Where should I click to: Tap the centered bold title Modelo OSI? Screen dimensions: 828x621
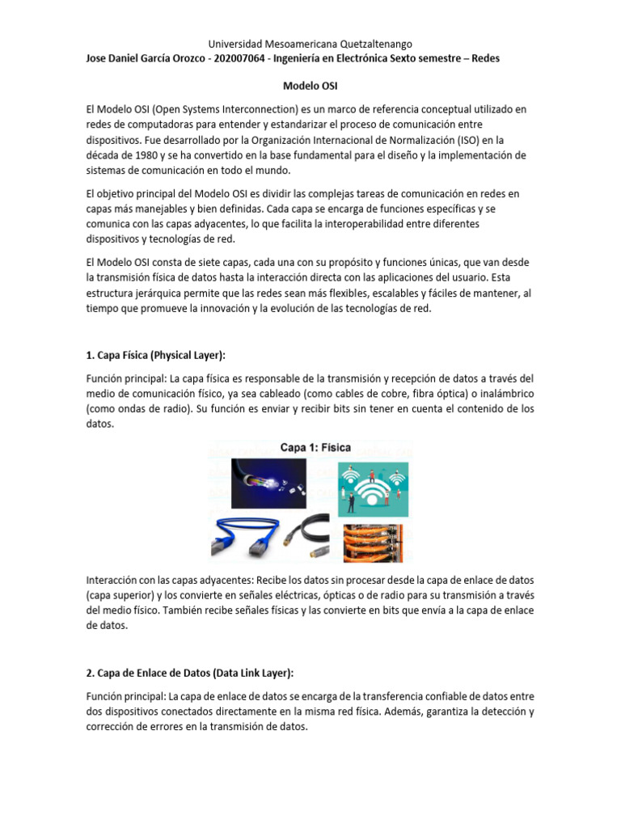coord(310,84)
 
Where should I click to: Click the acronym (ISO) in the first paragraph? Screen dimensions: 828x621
coord(462,140)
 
